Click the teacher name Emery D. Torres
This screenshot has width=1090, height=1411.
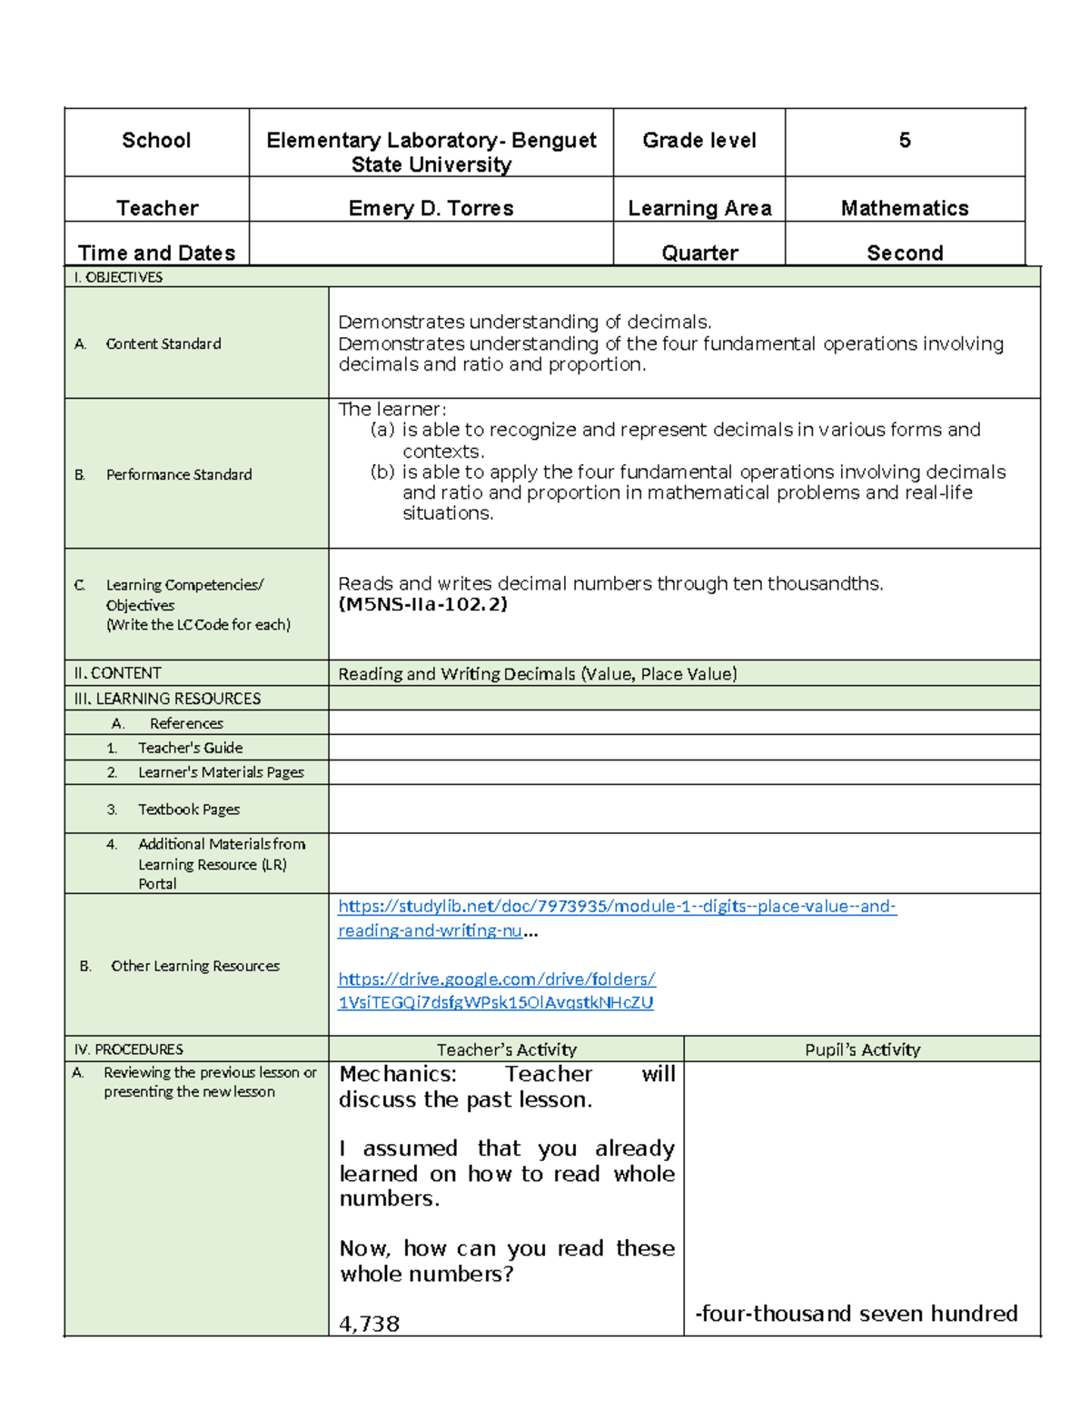pyautogui.click(x=431, y=208)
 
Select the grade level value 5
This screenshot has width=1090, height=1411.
pyautogui.click(x=904, y=140)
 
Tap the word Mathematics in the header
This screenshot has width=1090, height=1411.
pyautogui.click(x=904, y=208)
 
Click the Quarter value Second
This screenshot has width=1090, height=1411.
pyautogui.click(x=904, y=253)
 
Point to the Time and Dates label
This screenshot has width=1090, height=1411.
pyautogui.click(x=156, y=253)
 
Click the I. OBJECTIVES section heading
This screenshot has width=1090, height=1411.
pyautogui.click(x=118, y=277)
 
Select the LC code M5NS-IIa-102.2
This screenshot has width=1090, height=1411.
pyautogui.click(x=422, y=604)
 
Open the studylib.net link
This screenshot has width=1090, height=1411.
pyautogui.click(x=616, y=907)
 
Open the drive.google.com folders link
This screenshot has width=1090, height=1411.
pyautogui.click(x=496, y=979)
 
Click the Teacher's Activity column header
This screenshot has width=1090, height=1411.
pyautogui.click(x=506, y=1049)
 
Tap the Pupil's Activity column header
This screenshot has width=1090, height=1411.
pyautogui.click(x=862, y=1049)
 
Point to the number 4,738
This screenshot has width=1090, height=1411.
pyautogui.click(x=369, y=1324)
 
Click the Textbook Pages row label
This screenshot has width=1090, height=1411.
pyautogui.click(x=188, y=810)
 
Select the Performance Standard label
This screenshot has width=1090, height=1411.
pyautogui.click(x=178, y=474)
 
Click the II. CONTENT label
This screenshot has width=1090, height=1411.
pyautogui.click(x=117, y=673)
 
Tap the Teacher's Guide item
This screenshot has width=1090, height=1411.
pyautogui.click(x=190, y=748)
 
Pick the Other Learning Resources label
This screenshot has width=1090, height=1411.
pyautogui.click(x=194, y=966)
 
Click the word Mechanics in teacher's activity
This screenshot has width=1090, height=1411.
pyautogui.click(x=396, y=1074)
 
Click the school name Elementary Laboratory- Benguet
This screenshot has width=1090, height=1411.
pyautogui.click(x=431, y=140)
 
